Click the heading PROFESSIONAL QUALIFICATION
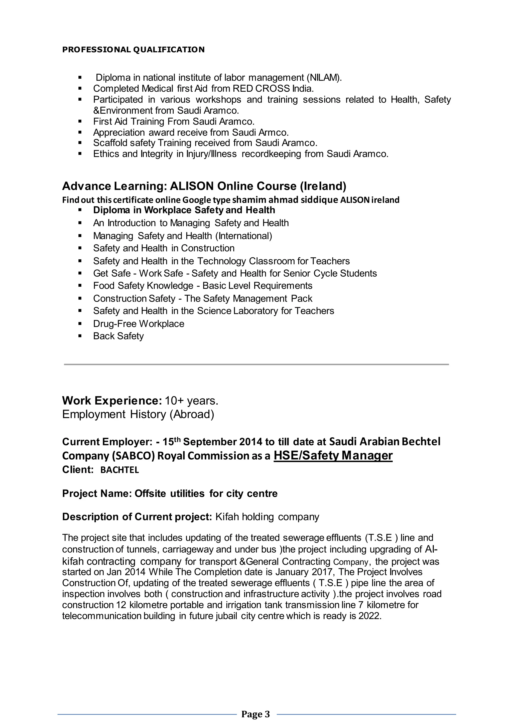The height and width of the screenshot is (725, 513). pyautogui.click(x=133, y=50)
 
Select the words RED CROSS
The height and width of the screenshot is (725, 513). pyautogui.click(x=261, y=88)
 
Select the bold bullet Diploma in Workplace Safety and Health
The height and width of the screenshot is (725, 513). pyautogui.click(x=184, y=210)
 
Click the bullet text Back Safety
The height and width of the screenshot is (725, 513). pyautogui.click(x=118, y=336)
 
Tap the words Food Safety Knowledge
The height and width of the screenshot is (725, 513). pyautogui.click(x=143, y=286)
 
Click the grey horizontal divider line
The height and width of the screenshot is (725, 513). pyautogui.click(x=256, y=365)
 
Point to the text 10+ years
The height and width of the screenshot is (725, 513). pyautogui.click(x=191, y=401)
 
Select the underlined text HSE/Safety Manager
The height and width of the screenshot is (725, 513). pyautogui.click(x=333, y=456)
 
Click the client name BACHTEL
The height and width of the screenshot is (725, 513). pyautogui.click(x=119, y=470)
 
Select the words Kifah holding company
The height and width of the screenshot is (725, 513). pyautogui.click(x=267, y=517)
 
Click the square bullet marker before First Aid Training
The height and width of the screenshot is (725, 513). pyautogui.click(x=80, y=121)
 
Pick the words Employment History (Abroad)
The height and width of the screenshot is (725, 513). pyautogui.click(x=138, y=414)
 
